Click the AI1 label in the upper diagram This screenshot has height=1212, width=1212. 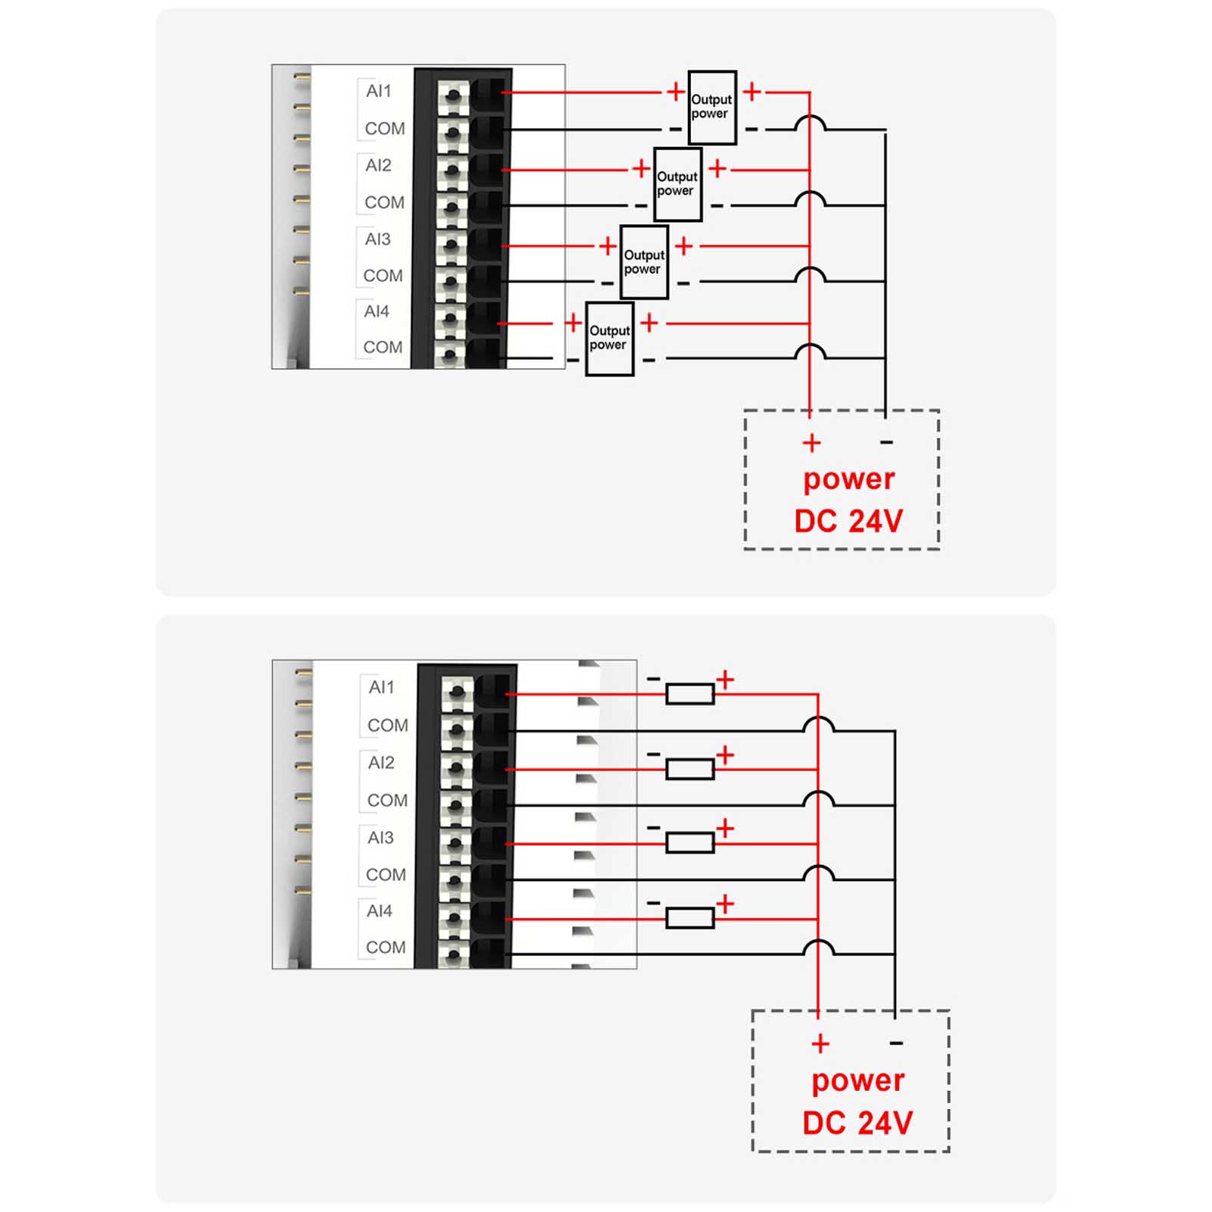pyautogui.click(x=378, y=92)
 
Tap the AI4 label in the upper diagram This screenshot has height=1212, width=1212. pyautogui.click(x=376, y=311)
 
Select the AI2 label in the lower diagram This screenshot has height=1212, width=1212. pyautogui.click(x=381, y=763)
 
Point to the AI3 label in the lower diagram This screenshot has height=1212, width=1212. pyautogui.click(x=380, y=838)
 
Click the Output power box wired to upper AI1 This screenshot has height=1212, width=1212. pyautogui.click(x=712, y=108)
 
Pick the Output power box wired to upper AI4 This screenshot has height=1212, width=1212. pyautogui.click(x=610, y=339)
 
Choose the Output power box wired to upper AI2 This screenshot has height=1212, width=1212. pyautogui.click(x=677, y=184)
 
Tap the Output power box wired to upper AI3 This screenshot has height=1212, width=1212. pyautogui.click(x=644, y=262)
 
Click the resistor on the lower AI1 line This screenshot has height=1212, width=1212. pyautogui.click(x=689, y=694)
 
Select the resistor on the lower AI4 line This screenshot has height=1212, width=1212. pyautogui.click(x=689, y=918)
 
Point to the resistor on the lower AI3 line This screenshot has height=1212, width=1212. pyautogui.click(x=689, y=843)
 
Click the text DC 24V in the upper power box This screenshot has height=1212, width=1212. pyautogui.click(x=848, y=521)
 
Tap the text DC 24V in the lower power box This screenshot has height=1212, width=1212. pyautogui.click(x=857, y=1123)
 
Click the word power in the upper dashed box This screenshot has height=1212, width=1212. pyautogui.click(x=848, y=479)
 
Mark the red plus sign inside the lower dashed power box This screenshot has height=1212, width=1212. pyautogui.click(x=820, y=1044)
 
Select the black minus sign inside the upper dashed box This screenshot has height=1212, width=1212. pyautogui.click(x=886, y=442)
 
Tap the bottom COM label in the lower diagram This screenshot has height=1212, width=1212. pyautogui.click(x=386, y=948)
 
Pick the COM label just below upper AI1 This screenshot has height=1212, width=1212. pyautogui.click(x=385, y=129)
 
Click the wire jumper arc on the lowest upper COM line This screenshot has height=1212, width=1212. pyautogui.click(x=811, y=352)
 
